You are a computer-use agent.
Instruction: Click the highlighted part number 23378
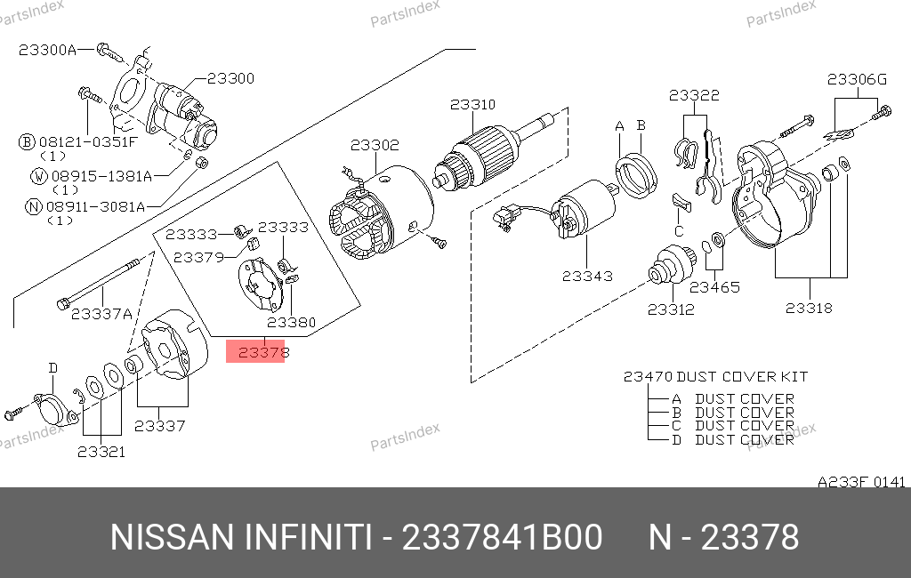(258, 352)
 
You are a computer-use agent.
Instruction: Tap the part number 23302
(375, 145)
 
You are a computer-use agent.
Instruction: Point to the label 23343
(587, 276)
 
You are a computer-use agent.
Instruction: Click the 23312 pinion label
(671, 309)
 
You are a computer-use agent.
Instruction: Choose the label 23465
(714, 287)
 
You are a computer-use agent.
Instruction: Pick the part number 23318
(809, 308)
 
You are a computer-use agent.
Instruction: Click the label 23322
(695, 95)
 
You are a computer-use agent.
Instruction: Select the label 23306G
(857, 79)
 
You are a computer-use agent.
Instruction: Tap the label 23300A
(47, 50)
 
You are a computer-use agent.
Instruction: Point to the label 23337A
(101, 313)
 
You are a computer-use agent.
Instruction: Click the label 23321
(101, 452)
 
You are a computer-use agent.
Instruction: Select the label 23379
(198, 257)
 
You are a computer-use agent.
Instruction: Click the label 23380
(292, 322)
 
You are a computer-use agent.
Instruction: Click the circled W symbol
(38, 176)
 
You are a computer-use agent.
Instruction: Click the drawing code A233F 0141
(861, 482)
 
